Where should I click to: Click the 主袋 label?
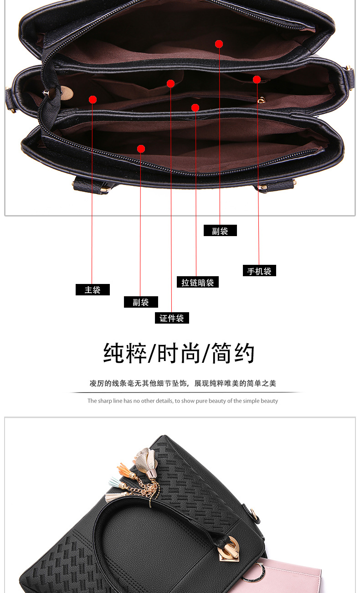pyautogui.click(x=93, y=290)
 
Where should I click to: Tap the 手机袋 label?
pyautogui.click(x=259, y=271)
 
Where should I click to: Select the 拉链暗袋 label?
pyautogui.click(x=197, y=283)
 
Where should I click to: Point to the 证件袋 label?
pyautogui.click(x=171, y=318)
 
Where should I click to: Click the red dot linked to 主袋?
pyautogui.click(x=93, y=99)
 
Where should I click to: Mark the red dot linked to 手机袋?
pyautogui.click(x=257, y=80)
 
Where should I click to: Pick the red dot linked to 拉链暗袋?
pyautogui.click(x=195, y=108)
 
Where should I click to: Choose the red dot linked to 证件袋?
pyautogui.click(x=171, y=83)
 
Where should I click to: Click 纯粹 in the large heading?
pyautogui.click(x=125, y=353)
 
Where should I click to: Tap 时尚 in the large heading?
pyautogui.click(x=179, y=353)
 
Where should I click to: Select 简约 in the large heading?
pyautogui.click(x=233, y=353)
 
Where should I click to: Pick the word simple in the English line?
pyautogui.click(x=251, y=401)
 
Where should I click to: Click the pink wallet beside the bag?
pyautogui.click(x=292, y=577)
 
